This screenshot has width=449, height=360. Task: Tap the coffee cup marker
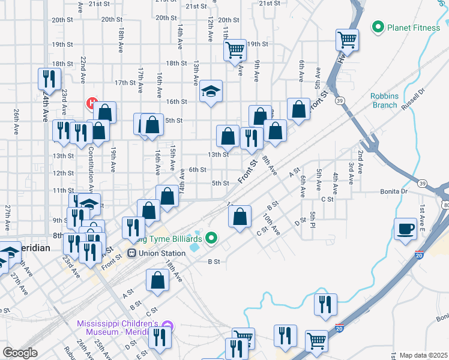click(406, 229)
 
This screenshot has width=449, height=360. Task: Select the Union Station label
click(161, 253)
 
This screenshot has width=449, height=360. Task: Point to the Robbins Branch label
click(384, 100)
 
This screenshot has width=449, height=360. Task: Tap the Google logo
click(20, 353)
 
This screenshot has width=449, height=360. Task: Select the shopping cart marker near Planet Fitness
click(348, 40)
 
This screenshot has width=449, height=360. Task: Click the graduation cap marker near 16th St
click(211, 91)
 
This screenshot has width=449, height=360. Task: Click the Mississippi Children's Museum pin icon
click(167, 327)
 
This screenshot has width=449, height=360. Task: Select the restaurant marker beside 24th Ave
click(48, 79)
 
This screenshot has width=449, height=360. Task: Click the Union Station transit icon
click(132, 253)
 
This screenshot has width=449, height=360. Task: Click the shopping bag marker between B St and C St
click(240, 217)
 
